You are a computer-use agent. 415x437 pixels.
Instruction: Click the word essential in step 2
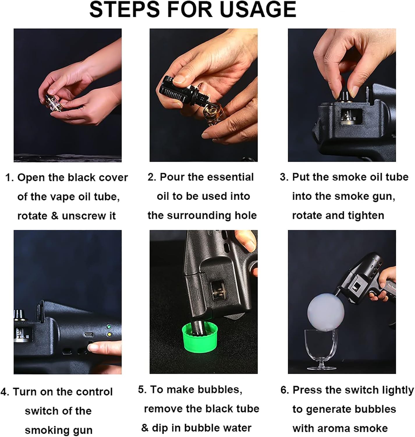coord(230,177)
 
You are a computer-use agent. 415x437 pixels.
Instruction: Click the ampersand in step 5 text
coord(145,428)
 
